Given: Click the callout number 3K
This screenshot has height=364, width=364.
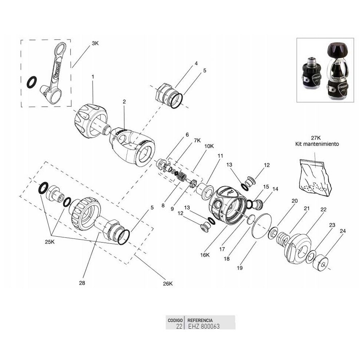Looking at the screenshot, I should pyautogui.click(x=95, y=43).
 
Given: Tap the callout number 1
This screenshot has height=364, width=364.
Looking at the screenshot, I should pyautogui.click(x=93, y=77).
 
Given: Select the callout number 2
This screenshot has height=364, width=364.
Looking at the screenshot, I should pyautogui.click(x=124, y=102).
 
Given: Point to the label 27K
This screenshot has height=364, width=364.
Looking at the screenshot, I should pyautogui.click(x=316, y=138).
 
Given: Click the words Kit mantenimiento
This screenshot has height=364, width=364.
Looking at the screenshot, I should pyautogui.click(x=317, y=144).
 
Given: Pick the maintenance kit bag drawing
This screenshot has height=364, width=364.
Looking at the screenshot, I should pyautogui.click(x=315, y=177).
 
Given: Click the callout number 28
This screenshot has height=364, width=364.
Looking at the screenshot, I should pyautogui.click(x=82, y=282).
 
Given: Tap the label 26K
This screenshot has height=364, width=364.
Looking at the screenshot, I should pyautogui.click(x=167, y=284).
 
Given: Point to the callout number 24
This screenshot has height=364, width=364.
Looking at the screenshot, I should pyautogui.click(x=343, y=231).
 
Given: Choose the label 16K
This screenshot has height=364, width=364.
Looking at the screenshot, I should pyautogui.click(x=205, y=255).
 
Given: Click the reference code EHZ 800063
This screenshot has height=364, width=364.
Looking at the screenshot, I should pyautogui.click(x=203, y=327).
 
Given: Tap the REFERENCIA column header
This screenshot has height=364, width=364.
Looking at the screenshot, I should pyautogui.click(x=200, y=320).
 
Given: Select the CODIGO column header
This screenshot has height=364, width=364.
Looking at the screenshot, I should pyautogui.click(x=175, y=320).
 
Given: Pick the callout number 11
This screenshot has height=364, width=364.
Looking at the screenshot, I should pyautogui.click(x=220, y=155).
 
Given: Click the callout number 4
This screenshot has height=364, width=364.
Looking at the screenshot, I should pyautogui.click(x=196, y=63).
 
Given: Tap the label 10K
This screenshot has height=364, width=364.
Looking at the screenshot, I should pyautogui.click(x=209, y=146).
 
